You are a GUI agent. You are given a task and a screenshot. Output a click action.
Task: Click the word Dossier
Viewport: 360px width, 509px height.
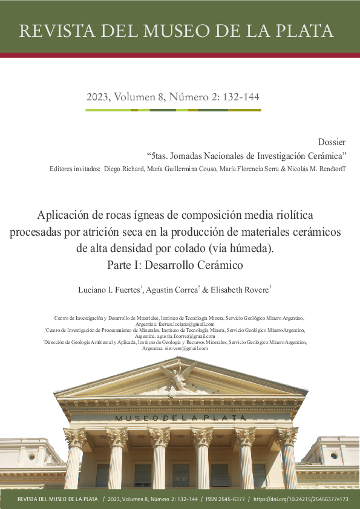332,143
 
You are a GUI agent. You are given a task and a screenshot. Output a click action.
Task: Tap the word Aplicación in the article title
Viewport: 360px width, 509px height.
65,215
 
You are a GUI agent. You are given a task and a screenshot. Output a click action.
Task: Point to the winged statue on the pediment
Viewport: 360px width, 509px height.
180,376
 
